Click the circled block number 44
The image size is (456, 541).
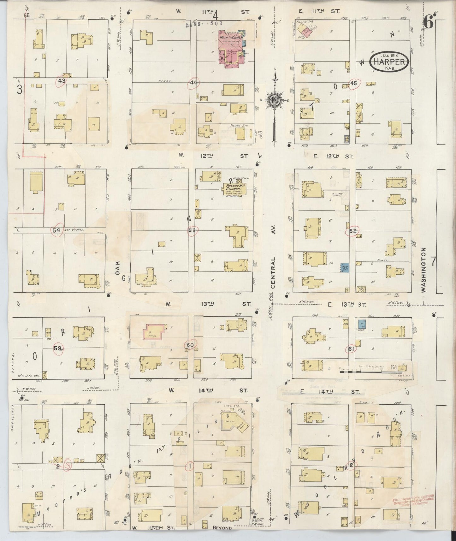click(x=193, y=83)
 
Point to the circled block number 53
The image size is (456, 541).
click(x=192, y=230)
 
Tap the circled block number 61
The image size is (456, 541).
click(x=351, y=349)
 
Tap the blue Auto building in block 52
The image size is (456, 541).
click(x=344, y=268)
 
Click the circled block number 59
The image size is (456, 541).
click(x=58, y=348)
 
